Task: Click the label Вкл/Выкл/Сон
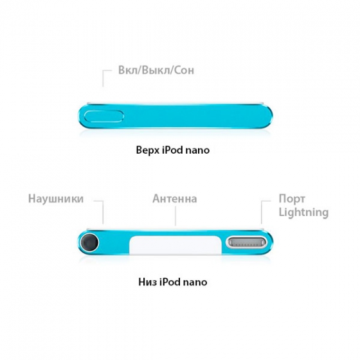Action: click(x=156, y=70)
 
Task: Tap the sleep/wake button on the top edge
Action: click(x=104, y=116)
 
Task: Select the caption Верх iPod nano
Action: click(x=173, y=150)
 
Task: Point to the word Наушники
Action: click(x=56, y=199)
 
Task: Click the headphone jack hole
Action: click(x=89, y=242)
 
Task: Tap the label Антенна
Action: click(x=175, y=199)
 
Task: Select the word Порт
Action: click(x=292, y=199)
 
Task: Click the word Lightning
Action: click(x=303, y=212)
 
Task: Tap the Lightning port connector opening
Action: click(x=248, y=243)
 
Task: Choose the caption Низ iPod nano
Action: click(x=173, y=282)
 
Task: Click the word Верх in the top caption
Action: click(x=147, y=150)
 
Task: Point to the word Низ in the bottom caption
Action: click(x=147, y=282)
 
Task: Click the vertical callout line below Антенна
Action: click(x=175, y=216)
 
